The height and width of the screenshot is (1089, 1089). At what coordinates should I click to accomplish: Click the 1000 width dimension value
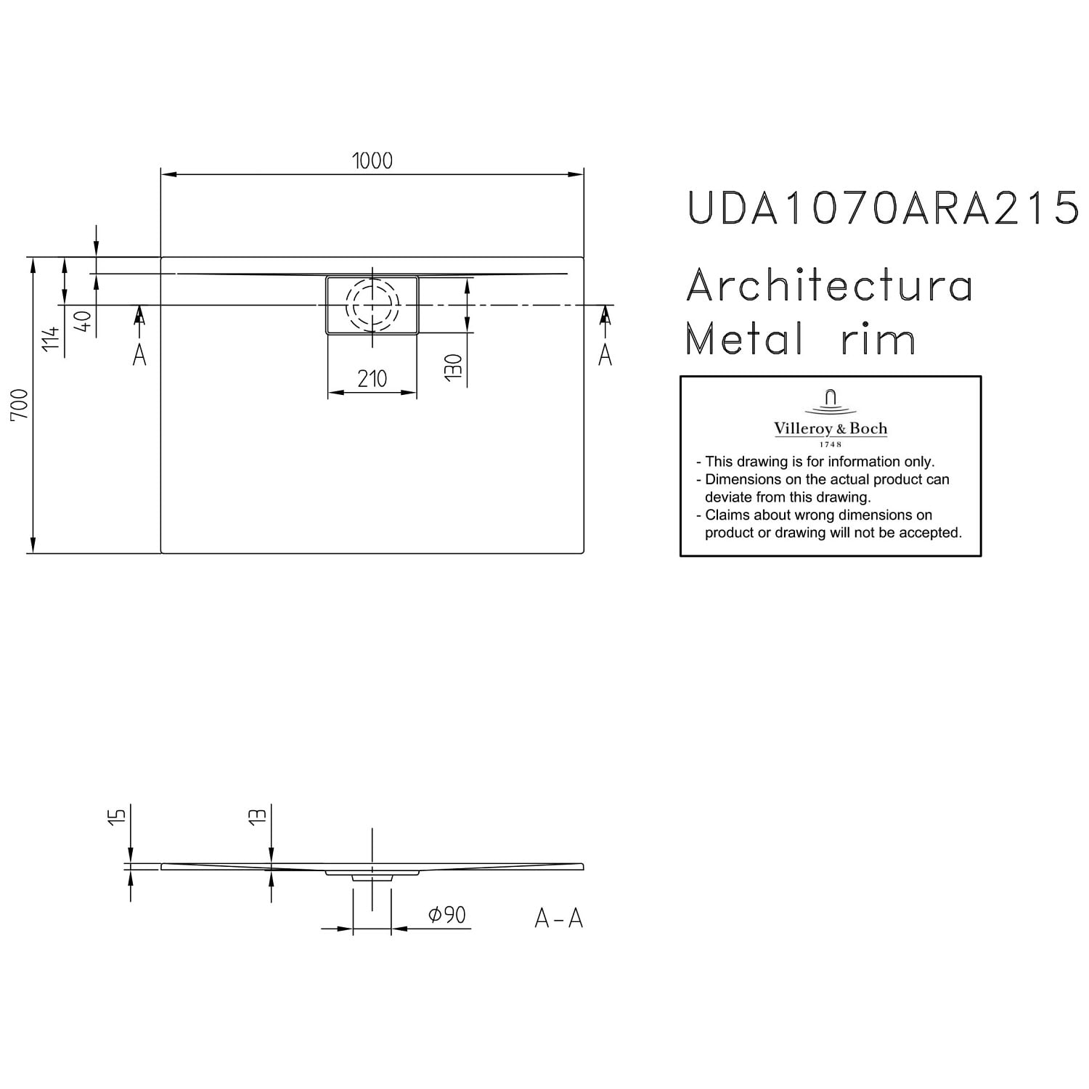pyautogui.click(x=372, y=160)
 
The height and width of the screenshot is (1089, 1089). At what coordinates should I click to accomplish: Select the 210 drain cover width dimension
pyautogui.click(x=372, y=378)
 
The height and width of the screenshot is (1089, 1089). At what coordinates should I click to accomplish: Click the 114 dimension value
pyautogui.click(x=50, y=339)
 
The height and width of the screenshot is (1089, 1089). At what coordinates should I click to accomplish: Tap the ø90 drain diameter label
pyautogui.click(x=446, y=915)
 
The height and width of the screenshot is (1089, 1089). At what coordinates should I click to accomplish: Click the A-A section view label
pyautogui.click(x=559, y=918)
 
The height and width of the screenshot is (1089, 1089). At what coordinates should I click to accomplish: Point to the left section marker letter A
pyautogui.click(x=139, y=354)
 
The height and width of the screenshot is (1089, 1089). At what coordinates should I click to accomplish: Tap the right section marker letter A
pyautogui.click(x=605, y=354)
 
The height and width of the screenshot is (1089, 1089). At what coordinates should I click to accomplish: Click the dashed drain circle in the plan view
pyautogui.click(x=372, y=278)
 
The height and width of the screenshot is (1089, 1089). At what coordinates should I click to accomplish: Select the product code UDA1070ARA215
pyautogui.click(x=882, y=207)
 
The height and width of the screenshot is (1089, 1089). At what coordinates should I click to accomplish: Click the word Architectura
pyautogui.click(x=830, y=285)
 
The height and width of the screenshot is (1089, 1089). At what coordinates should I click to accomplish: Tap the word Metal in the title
pyautogui.click(x=744, y=338)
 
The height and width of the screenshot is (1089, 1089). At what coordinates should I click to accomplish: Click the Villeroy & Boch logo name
pyautogui.click(x=831, y=428)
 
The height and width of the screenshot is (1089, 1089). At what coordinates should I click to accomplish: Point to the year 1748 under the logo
pyautogui.click(x=831, y=444)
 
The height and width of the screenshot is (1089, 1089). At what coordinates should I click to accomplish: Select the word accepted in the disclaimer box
pyautogui.click(x=931, y=533)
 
